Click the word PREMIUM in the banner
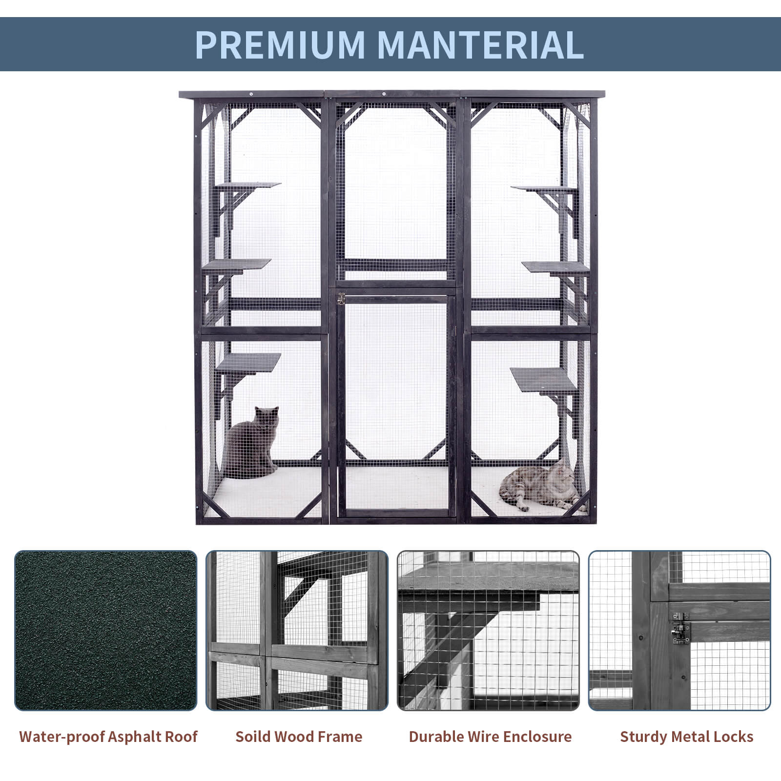pos(280,44)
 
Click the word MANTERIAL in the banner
pos(480,44)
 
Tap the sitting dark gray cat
pos(252,442)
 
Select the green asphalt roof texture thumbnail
pos(106,631)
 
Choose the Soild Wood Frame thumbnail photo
pos(297,631)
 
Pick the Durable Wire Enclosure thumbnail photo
pos(488,631)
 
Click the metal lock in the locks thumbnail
pos(680,634)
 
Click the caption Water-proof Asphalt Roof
pos(108,737)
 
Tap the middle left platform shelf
pos(236,264)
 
